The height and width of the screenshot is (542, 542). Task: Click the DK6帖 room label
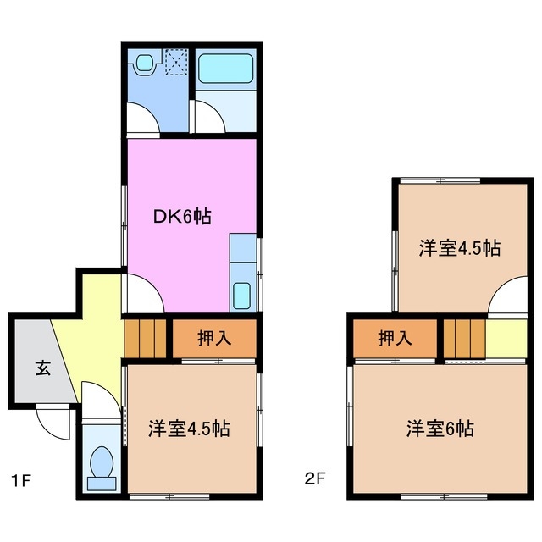(182, 217)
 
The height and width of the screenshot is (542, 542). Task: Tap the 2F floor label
(314, 480)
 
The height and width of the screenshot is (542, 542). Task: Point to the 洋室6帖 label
(438, 429)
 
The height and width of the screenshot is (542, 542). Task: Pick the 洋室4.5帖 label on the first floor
(189, 429)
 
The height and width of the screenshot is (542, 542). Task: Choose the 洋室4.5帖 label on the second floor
(458, 249)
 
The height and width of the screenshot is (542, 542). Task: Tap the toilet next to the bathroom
(145, 63)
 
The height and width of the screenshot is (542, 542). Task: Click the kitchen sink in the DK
(241, 296)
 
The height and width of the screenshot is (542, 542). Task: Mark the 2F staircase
(463, 339)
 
